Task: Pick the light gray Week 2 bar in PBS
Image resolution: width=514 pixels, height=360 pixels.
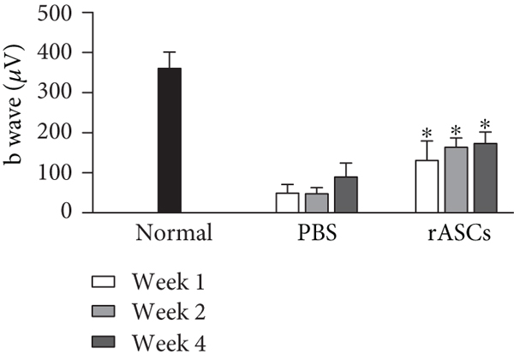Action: click(317, 203)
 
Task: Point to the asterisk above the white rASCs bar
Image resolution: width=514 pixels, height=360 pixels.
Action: click(427, 133)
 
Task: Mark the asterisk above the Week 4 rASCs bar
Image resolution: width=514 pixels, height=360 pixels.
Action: click(485, 124)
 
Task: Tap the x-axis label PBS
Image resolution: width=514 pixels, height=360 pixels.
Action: click(317, 234)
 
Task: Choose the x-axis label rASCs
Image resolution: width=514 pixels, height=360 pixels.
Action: click(456, 234)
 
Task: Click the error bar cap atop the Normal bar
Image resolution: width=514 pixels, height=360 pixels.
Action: click(169, 52)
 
